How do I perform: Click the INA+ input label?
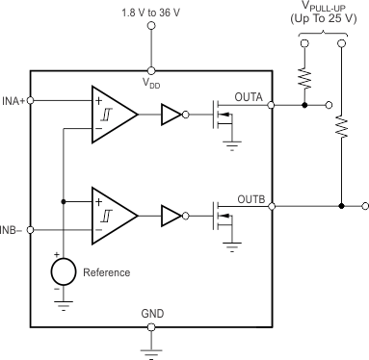tap(13, 100)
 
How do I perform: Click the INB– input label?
tap(12, 230)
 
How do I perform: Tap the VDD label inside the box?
tap(152, 83)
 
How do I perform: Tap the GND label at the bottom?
tap(152, 314)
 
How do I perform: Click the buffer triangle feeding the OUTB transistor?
tap(169, 215)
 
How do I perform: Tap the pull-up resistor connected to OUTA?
tap(304, 75)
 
